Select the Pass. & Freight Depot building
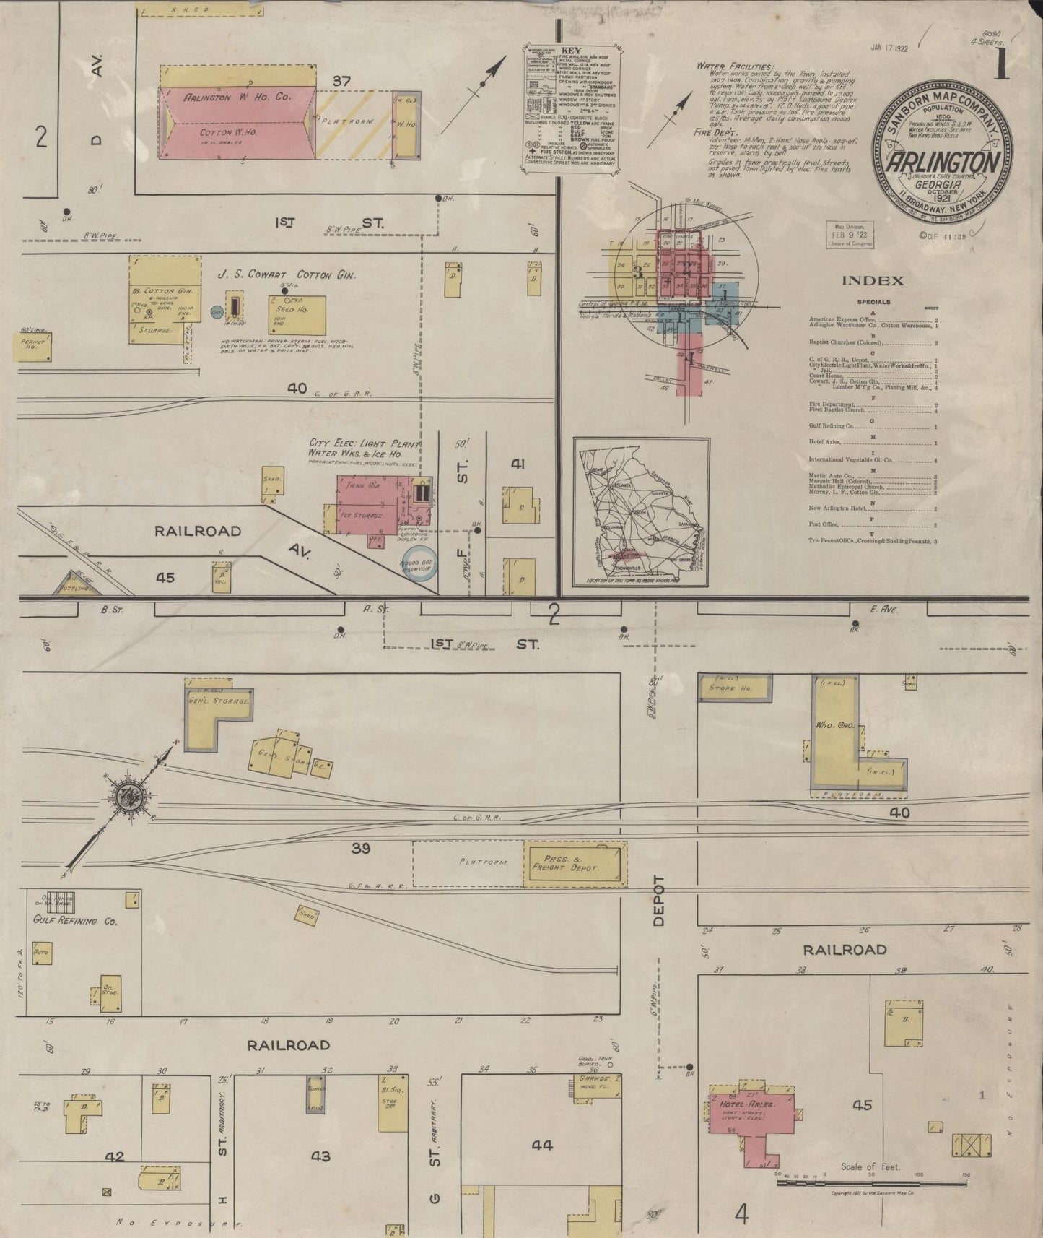575,863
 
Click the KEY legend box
569,111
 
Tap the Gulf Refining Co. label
75,921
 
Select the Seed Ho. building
296,315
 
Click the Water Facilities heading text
735,66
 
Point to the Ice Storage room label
362,516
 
